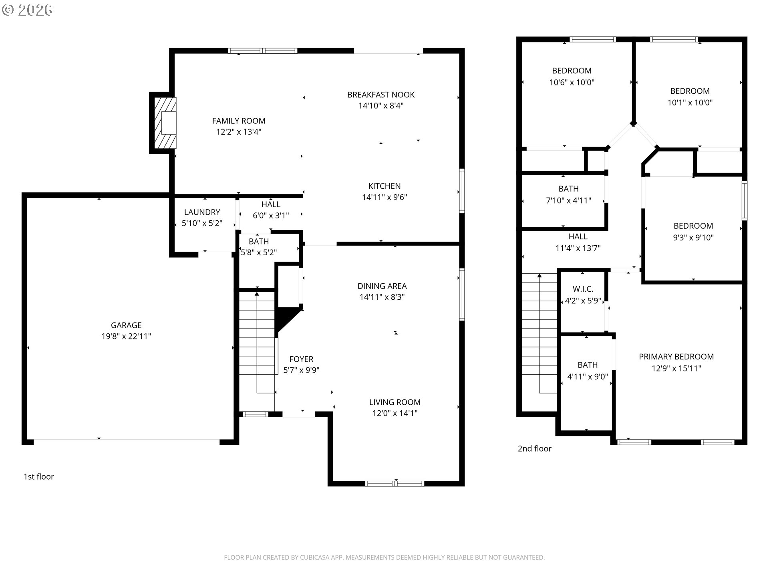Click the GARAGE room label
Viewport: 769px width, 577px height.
126,325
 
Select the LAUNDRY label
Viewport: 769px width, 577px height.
202,212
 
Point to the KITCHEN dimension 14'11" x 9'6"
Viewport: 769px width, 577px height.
384,197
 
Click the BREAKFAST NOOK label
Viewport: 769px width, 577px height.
381,95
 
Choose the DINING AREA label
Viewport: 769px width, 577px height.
382,286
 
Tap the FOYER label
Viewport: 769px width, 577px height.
301,359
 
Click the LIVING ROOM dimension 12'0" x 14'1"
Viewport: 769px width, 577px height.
395,413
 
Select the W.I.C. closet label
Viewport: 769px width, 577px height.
583,289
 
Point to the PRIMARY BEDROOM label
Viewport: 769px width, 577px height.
676,357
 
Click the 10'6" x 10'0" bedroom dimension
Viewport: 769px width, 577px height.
572,83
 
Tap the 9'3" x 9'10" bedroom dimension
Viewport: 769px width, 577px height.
693,238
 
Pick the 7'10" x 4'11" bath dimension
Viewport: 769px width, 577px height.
568,200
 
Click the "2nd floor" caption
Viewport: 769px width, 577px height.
534,449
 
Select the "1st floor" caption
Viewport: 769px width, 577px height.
38,477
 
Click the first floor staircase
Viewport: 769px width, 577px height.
257,351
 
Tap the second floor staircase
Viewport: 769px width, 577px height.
539,343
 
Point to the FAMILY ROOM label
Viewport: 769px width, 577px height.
239,121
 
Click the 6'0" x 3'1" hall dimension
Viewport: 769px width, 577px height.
271,216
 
